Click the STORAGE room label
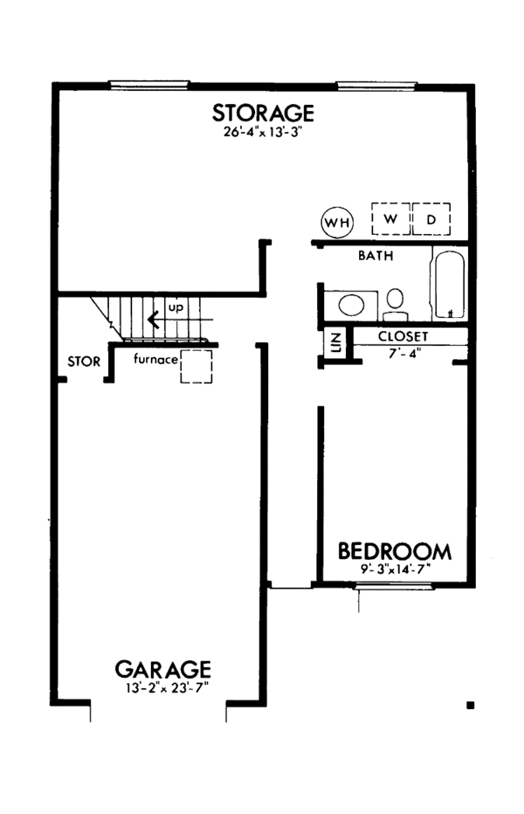coord(263,113)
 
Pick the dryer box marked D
coord(431,218)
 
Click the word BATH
coord(376,257)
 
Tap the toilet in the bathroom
coord(395,302)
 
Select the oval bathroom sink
coord(351,305)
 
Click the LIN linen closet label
coord(334,343)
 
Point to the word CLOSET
coord(403,335)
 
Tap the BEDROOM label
coord(395,551)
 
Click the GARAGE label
coord(162,669)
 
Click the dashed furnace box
coord(196,367)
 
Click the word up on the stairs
coord(176,308)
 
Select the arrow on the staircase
coord(153,319)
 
